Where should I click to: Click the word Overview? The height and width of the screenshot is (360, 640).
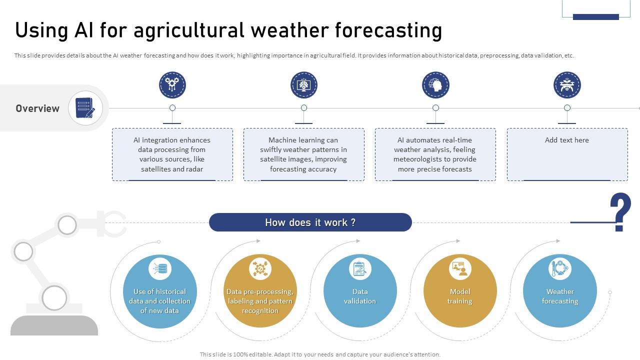[x=37, y=108]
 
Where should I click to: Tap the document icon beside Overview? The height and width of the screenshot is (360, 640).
[x=85, y=107]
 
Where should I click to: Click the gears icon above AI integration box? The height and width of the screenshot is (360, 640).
[x=172, y=85]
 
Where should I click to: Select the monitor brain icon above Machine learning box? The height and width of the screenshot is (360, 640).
[x=303, y=85]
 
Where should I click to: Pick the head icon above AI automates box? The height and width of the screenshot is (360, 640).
[x=435, y=85]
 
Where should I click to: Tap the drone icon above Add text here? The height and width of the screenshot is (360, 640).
[x=567, y=85]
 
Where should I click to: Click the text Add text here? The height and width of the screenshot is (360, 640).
[x=567, y=140]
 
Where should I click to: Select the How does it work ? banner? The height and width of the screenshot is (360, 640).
[x=310, y=222]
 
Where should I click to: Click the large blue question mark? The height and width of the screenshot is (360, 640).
[x=620, y=211]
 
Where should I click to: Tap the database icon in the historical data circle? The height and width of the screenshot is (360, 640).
[x=159, y=268]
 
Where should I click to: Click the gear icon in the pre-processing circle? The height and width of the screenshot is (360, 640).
[x=260, y=268]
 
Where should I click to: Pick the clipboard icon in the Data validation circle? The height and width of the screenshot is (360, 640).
[x=360, y=268]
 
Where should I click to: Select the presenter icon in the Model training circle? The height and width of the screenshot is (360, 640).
[x=460, y=268]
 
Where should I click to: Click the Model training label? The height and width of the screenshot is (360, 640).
[x=460, y=296]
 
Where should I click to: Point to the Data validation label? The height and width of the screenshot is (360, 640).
[x=360, y=296]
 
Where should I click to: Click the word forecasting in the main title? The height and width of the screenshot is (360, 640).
[x=388, y=30]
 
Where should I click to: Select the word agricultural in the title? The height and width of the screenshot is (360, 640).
[x=189, y=30]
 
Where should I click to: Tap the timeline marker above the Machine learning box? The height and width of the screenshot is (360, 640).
[x=303, y=107]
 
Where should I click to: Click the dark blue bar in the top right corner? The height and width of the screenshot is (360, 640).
[x=596, y=17]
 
